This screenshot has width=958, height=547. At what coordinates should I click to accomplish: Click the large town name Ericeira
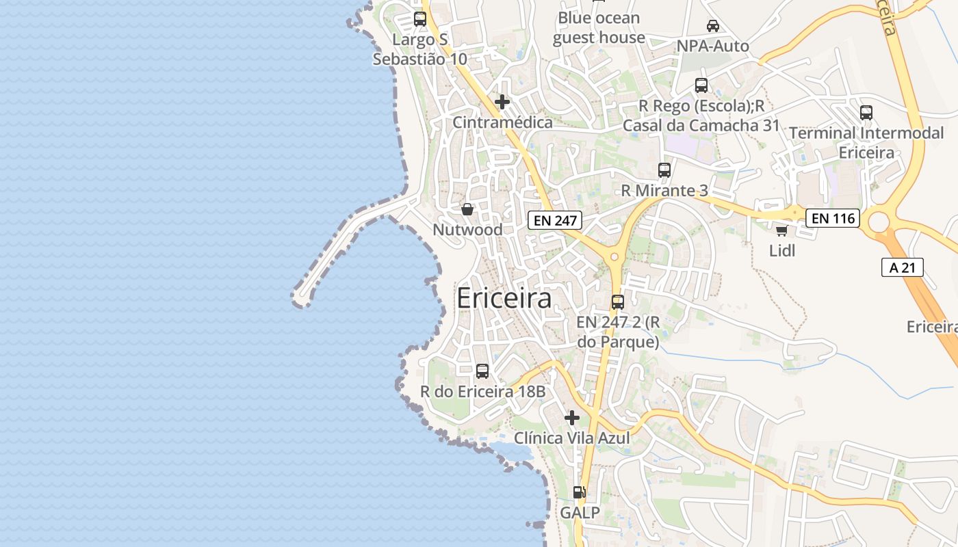click(504, 299)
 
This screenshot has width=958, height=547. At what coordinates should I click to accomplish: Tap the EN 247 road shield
click(554, 220)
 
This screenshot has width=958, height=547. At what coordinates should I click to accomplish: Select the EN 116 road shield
click(832, 218)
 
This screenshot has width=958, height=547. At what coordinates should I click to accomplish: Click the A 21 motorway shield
click(902, 267)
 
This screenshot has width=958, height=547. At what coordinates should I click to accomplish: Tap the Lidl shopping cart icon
click(781, 230)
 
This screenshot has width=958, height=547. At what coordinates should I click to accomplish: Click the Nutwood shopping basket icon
click(467, 209)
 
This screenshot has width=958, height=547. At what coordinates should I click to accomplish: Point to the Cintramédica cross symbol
click(502, 102)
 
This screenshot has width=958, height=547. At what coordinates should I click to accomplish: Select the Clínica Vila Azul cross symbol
click(572, 417)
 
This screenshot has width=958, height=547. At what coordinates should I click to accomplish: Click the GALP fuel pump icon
click(579, 492)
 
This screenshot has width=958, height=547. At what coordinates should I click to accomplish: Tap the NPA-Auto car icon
click(712, 26)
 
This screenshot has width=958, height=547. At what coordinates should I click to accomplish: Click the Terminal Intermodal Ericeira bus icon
click(866, 113)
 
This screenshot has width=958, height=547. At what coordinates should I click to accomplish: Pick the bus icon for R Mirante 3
click(664, 170)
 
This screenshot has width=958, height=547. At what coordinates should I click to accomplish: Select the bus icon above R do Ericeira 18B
click(482, 371)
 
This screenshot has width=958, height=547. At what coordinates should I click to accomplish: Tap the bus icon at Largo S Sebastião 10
click(420, 19)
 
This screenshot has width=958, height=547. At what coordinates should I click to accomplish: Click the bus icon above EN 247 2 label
click(618, 302)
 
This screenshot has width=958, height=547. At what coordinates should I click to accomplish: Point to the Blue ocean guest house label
click(599, 27)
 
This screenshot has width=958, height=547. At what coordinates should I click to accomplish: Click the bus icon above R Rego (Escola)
click(701, 85)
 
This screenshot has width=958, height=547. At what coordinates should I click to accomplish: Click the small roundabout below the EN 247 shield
click(614, 257)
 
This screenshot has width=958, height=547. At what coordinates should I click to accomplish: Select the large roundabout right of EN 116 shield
click(878, 221)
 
